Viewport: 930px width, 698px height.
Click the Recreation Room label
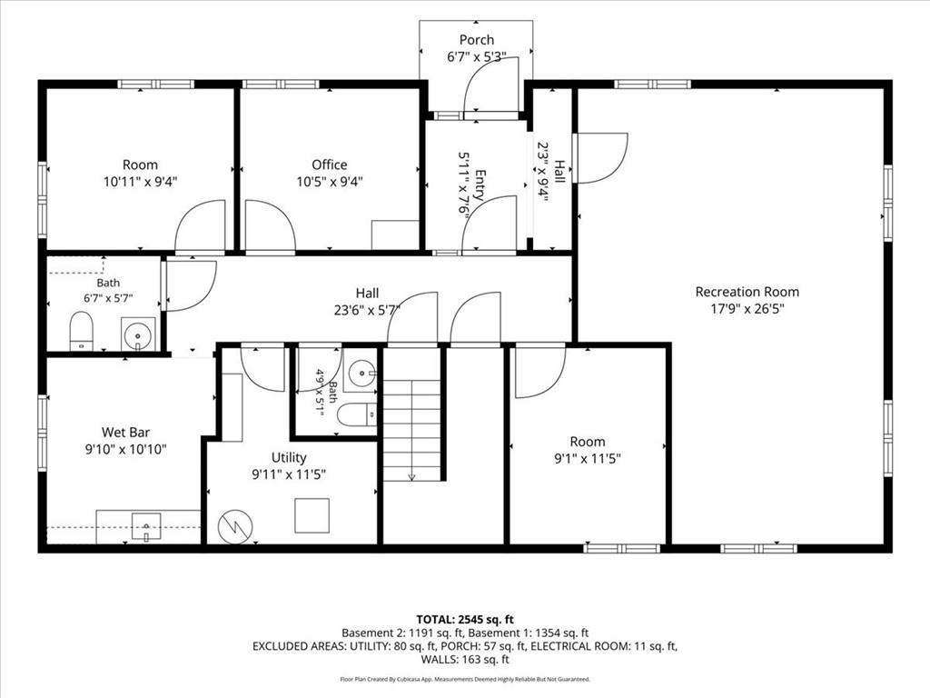pos(747,292)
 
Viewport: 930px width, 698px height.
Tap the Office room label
pos(330,165)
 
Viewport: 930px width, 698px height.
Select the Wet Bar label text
pos(125,432)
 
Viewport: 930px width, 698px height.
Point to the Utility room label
pos(289,458)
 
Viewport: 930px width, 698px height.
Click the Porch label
pos(477,40)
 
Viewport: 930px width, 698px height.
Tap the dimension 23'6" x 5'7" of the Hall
pos(367,309)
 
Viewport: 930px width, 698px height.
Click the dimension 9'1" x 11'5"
pos(588,458)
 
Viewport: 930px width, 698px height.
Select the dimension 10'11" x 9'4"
pos(141,181)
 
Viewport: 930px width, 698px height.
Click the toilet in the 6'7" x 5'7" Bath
pos(81,331)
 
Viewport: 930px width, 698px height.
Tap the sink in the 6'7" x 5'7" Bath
pos(138,334)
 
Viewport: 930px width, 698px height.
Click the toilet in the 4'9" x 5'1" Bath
pos(357,414)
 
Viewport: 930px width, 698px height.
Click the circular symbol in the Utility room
pos(235,526)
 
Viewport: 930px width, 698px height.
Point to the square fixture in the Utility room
pos(312,516)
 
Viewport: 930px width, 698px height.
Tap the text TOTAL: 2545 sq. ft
pos(465,620)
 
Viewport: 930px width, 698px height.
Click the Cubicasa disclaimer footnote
pos(465,679)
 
